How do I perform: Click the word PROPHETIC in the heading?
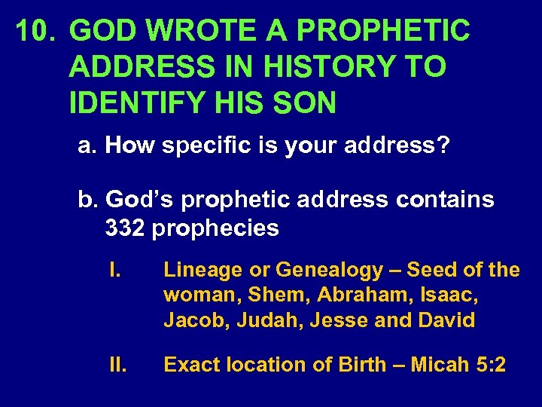[x=384, y=32]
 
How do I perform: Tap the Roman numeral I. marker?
[x=115, y=270]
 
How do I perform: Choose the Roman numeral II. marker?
[x=117, y=365]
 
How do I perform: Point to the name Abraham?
[x=333, y=295]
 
